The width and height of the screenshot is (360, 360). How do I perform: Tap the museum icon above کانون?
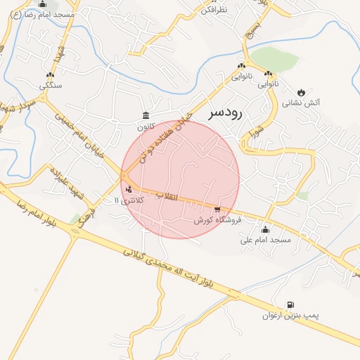146,115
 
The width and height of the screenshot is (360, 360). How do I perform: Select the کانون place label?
146,127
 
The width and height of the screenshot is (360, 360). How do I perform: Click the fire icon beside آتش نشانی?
302,92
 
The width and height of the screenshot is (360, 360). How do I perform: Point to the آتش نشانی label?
302,103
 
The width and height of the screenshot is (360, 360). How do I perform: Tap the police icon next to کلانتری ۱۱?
128,189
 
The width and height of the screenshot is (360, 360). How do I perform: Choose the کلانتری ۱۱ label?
128,200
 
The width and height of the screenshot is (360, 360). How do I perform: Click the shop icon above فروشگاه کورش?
217,209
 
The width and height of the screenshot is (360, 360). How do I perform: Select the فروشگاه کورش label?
218,220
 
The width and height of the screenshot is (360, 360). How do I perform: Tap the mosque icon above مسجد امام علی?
265,229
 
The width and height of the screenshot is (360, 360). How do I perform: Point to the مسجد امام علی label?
265,240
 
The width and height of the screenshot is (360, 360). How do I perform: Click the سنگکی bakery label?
51,86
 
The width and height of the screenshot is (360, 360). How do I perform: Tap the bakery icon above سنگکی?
50,75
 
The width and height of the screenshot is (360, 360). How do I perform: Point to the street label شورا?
257,132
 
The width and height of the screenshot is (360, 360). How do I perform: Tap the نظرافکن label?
214,10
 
